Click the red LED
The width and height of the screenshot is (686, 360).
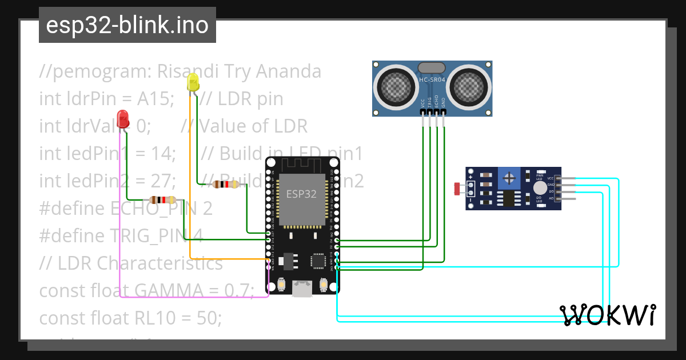122,119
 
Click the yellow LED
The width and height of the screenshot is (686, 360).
193,84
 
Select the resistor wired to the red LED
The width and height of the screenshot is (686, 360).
162,199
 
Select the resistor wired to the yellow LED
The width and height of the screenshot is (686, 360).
225,184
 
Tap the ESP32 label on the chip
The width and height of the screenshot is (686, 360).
301,193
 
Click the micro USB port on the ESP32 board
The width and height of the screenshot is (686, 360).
302,289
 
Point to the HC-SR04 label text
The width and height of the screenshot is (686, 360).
432,80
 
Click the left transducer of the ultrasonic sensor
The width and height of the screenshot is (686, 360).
394,86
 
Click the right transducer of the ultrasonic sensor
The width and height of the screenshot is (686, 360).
470,86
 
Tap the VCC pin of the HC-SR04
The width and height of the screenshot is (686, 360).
423,115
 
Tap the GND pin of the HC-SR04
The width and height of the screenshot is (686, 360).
444,115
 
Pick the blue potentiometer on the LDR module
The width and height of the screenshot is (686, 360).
508,178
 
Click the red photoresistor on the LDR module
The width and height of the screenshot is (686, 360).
457,188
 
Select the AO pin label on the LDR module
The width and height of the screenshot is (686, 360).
551,198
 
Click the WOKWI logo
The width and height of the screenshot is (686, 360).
607,315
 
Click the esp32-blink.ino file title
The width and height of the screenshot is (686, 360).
127,26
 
